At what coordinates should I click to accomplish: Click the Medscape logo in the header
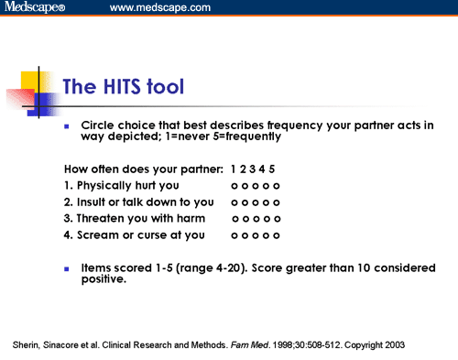pyautogui.click(x=35, y=8)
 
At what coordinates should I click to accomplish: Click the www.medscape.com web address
pyautogui.click(x=159, y=8)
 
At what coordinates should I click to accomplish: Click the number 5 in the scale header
pyautogui.click(x=272, y=169)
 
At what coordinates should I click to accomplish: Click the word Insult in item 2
pyautogui.click(x=92, y=202)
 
